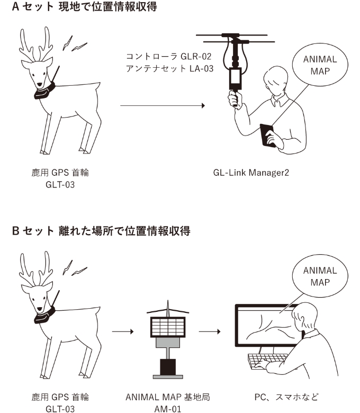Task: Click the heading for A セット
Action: pos(84,6)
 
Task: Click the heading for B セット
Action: pos(101,231)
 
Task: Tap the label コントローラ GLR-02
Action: pos(168,56)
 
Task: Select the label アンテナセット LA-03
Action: pos(169,68)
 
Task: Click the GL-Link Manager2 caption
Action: pos(251,173)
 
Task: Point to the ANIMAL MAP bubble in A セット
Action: pos(320,65)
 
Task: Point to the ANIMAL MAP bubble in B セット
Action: pos(320,276)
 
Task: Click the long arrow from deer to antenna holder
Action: pos(163,105)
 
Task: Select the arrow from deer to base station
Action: pos(123,331)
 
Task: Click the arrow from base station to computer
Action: pos(210,331)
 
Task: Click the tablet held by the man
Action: pos(267,135)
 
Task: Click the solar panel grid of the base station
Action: pos(168,327)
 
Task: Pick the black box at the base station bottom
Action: pos(168,367)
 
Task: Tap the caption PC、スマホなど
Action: pos(286,397)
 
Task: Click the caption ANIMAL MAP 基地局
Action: pos(168,397)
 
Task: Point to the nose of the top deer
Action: pos(40,85)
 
